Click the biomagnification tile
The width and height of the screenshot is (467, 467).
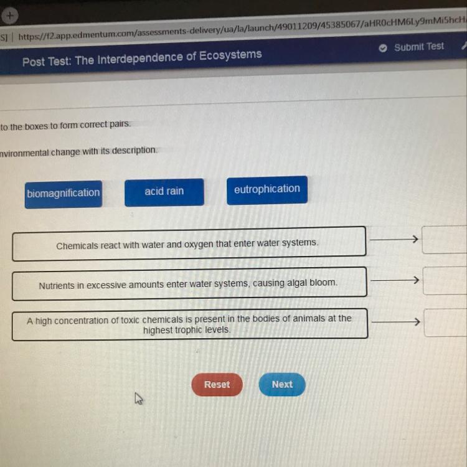point(63,193)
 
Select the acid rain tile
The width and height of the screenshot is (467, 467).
point(164,192)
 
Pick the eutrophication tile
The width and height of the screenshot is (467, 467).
point(267,189)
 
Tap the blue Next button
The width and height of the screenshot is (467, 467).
point(282,384)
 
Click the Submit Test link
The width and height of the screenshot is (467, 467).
point(418,47)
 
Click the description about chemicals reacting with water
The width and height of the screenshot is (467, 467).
point(188,244)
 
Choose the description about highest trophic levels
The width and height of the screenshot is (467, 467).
point(189,324)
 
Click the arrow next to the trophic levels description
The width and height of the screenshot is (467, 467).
point(396,322)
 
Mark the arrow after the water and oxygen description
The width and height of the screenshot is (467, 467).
point(394,239)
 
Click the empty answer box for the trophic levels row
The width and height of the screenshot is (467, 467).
point(446,322)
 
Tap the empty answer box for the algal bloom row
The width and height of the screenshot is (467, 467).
point(445,280)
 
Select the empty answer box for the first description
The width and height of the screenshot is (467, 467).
point(445,240)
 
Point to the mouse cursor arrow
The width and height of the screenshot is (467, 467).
point(139,398)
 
